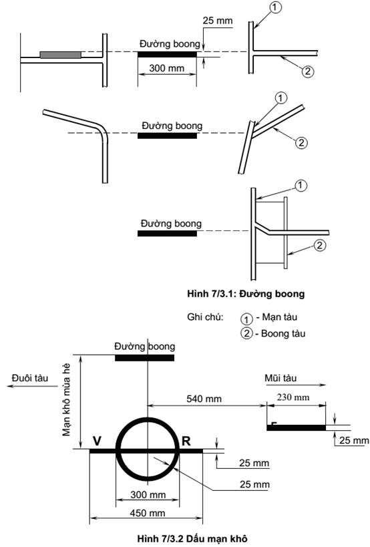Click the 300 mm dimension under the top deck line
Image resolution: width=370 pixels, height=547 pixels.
coord(167,67)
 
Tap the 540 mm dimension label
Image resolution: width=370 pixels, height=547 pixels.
coord(204,399)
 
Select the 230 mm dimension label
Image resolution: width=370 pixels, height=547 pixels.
coord(293,397)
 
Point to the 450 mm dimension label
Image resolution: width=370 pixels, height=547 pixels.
coord(148,513)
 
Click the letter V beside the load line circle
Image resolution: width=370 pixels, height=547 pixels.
coord(97,441)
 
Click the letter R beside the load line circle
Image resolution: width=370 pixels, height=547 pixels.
coord(186,441)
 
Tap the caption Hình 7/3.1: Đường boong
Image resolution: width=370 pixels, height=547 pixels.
coord(246,294)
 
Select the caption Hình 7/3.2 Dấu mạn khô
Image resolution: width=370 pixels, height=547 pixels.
coord(192,538)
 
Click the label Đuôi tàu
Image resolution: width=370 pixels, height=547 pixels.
coord(30,378)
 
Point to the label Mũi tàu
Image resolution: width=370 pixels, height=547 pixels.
coord(281,378)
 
